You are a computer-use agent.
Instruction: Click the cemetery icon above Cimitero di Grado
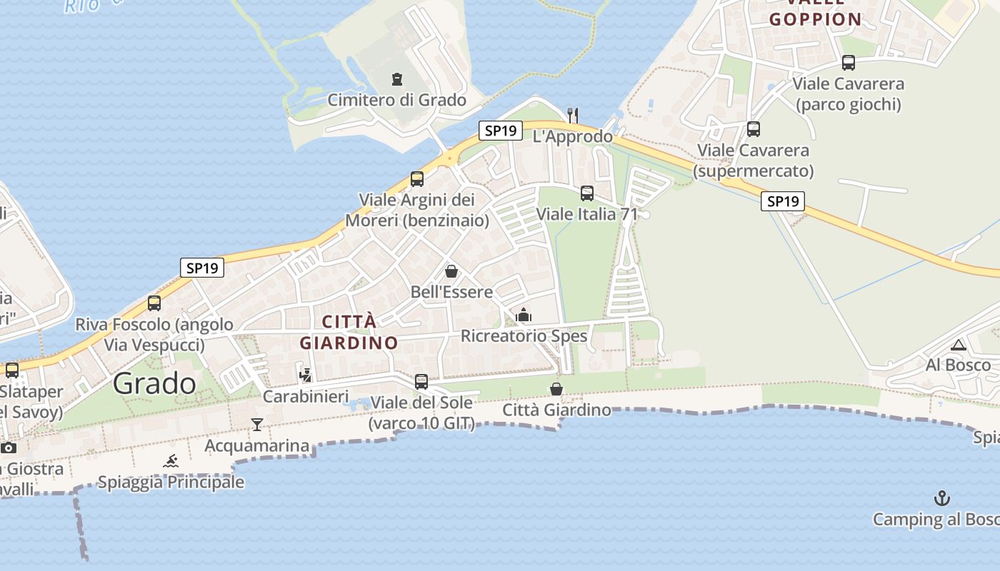click(397, 79)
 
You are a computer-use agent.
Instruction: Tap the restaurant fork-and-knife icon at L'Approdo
click(572, 114)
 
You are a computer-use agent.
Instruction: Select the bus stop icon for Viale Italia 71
click(587, 193)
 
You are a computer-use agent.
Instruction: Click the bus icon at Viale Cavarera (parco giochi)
click(849, 63)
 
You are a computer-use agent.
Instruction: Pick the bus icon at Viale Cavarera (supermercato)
click(754, 129)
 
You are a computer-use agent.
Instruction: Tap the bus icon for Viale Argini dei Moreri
click(417, 179)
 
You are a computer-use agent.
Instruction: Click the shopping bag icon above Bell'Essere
click(451, 271)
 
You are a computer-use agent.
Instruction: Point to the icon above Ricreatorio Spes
click(524, 315)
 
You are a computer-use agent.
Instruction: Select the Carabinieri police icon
click(306, 375)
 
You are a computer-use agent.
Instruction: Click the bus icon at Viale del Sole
click(421, 382)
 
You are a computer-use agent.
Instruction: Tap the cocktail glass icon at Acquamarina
click(257, 425)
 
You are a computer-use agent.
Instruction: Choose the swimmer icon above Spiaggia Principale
click(171, 461)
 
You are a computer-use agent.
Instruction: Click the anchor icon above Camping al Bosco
click(943, 497)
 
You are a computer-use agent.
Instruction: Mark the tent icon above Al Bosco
click(959, 345)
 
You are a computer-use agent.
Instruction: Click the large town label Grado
click(154, 384)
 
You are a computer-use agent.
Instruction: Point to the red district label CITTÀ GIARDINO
click(349, 332)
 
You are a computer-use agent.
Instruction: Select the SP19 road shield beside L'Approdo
click(501, 131)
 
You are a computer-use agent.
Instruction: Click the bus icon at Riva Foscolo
click(154, 303)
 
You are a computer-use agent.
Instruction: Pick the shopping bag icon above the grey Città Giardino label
click(556, 389)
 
